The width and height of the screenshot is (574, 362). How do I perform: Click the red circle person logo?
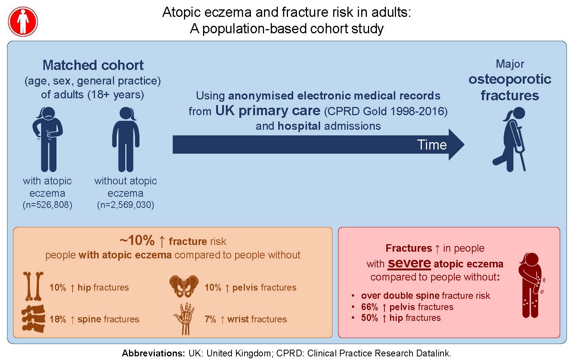click(x=23, y=22)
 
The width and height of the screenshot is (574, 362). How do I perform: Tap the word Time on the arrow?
click(x=432, y=145)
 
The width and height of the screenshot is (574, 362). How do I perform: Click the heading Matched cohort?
click(x=93, y=65)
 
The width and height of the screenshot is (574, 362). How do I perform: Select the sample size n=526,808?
click(x=47, y=205)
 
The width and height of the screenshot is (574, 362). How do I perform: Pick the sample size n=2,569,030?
click(x=126, y=205)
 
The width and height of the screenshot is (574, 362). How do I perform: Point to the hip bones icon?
click(x=34, y=286)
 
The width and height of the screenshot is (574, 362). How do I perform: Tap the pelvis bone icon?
click(x=184, y=286)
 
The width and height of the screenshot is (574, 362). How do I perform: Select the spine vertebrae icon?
click(x=33, y=319)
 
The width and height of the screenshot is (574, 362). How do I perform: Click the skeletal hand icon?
click(x=184, y=319)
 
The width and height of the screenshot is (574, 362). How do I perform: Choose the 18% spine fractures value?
click(x=58, y=319)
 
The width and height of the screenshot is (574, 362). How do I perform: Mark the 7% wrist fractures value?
click(x=210, y=319)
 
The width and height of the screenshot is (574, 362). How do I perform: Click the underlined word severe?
click(x=409, y=263)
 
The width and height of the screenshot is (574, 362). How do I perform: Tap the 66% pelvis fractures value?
click(x=369, y=307)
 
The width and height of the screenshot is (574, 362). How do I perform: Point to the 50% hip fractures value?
click(x=369, y=318)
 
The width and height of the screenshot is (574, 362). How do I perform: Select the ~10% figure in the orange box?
click(x=137, y=240)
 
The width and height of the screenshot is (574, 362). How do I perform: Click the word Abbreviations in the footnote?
click(x=153, y=353)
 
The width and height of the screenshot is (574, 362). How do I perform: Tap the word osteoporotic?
click(x=510, y=79)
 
